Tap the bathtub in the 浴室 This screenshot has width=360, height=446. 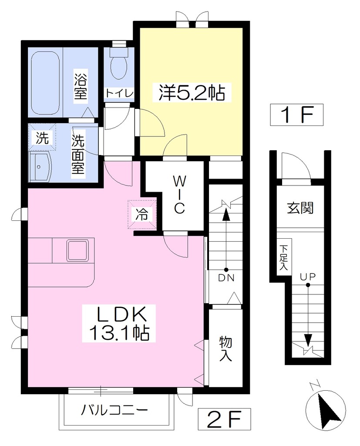click(45, 83)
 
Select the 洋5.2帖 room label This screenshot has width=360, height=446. click(192, 93)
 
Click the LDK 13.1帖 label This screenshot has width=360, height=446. click(119, 323)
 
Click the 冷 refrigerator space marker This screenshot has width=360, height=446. click(141, 214)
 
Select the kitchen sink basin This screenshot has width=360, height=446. click(77, 250)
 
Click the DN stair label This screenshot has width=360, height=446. click(226, 278)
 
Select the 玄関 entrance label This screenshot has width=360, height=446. click(300, 208)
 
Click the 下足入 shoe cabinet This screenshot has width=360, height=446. click(284, 257)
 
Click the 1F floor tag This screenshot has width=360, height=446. click(296, 115)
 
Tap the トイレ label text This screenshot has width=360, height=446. click(119, 93)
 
